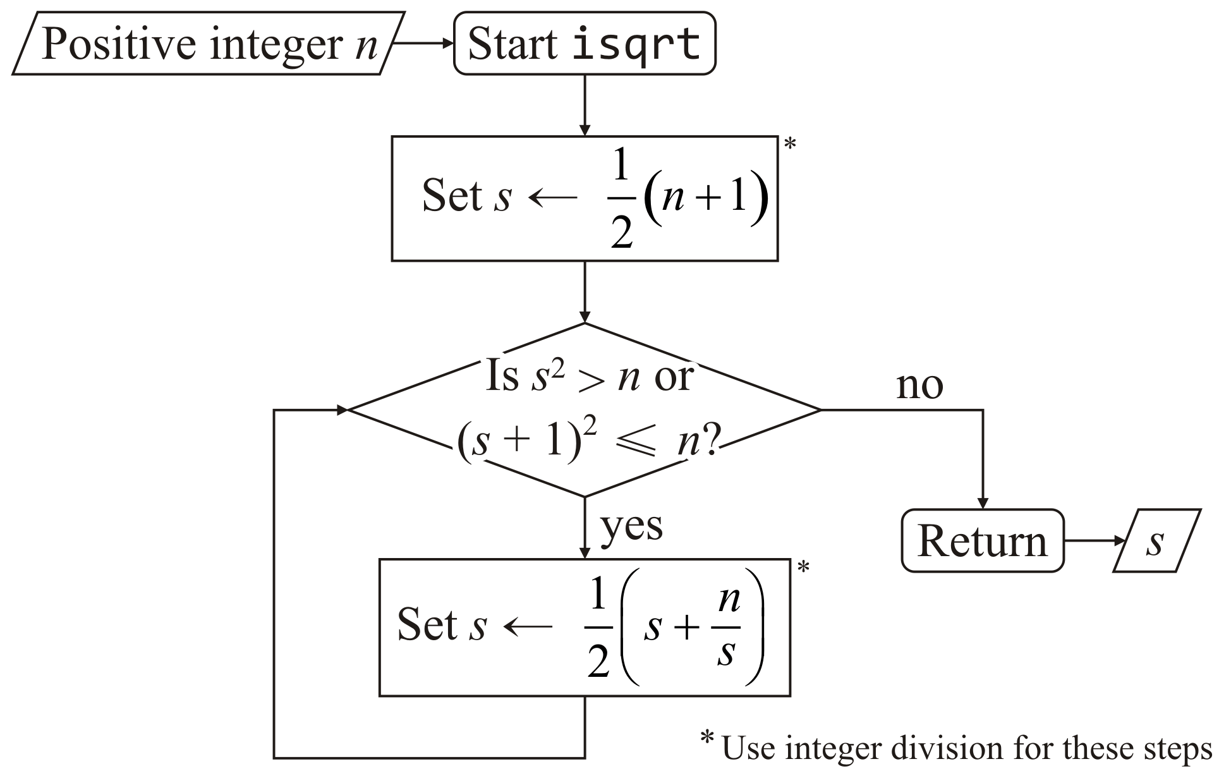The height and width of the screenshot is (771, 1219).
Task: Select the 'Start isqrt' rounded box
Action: [x=585, y=44]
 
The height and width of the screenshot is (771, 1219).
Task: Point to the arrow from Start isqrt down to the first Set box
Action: [x=585, y=105]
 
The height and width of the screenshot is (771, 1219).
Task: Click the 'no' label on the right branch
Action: [x=919, y=385]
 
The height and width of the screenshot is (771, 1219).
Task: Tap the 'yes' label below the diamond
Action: [x=631, y=526]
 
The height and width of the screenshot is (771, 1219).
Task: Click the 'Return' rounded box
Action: [x=982, y=541]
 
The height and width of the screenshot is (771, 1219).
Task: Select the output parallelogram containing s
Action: [x=1156, y=541]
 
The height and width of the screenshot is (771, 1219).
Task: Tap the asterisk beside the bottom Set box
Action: [x=803, y=568]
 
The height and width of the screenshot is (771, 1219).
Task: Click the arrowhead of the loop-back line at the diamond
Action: [x=342, y=410]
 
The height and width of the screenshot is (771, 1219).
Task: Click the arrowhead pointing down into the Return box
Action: [x=983, y=503]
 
